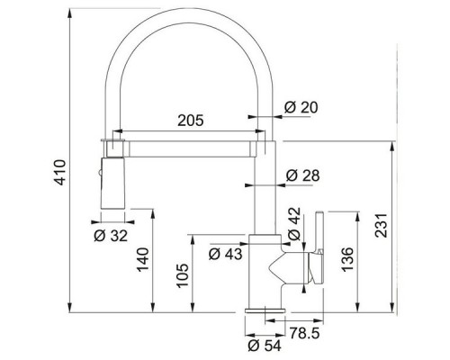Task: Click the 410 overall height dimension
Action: coord(60,173)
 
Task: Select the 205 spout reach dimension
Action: coord(191,121)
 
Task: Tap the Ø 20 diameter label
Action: coord(301,107)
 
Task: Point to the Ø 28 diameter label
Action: coord(302,175)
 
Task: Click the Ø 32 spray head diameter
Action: coord(111,236)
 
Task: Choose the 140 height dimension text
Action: coord(143,260)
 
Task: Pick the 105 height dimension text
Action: coord(183,276)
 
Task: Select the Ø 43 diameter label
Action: coord(225,255)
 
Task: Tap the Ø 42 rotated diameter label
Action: coord(294,224)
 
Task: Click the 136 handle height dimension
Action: coord(347,260)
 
